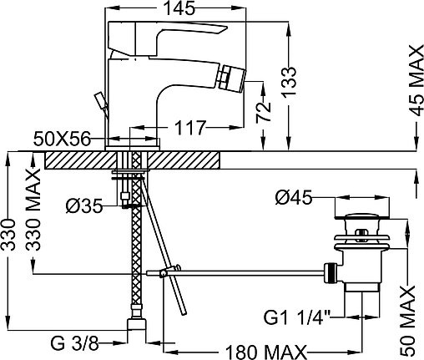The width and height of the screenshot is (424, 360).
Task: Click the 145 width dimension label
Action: pos(179,8)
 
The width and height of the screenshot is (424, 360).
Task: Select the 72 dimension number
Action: pos(264,113)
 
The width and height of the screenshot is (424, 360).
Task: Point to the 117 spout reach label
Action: pos(190,128)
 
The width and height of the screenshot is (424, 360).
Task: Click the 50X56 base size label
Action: pos(63,139)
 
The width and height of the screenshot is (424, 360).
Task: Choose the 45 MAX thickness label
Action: pos(416,81)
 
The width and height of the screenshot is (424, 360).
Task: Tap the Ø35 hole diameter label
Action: pos(84,206)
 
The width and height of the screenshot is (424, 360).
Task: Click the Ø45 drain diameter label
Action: pos(294,197)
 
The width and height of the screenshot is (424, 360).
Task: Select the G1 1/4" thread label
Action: pos(297,317)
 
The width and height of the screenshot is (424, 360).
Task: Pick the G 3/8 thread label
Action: pos(74,343)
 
